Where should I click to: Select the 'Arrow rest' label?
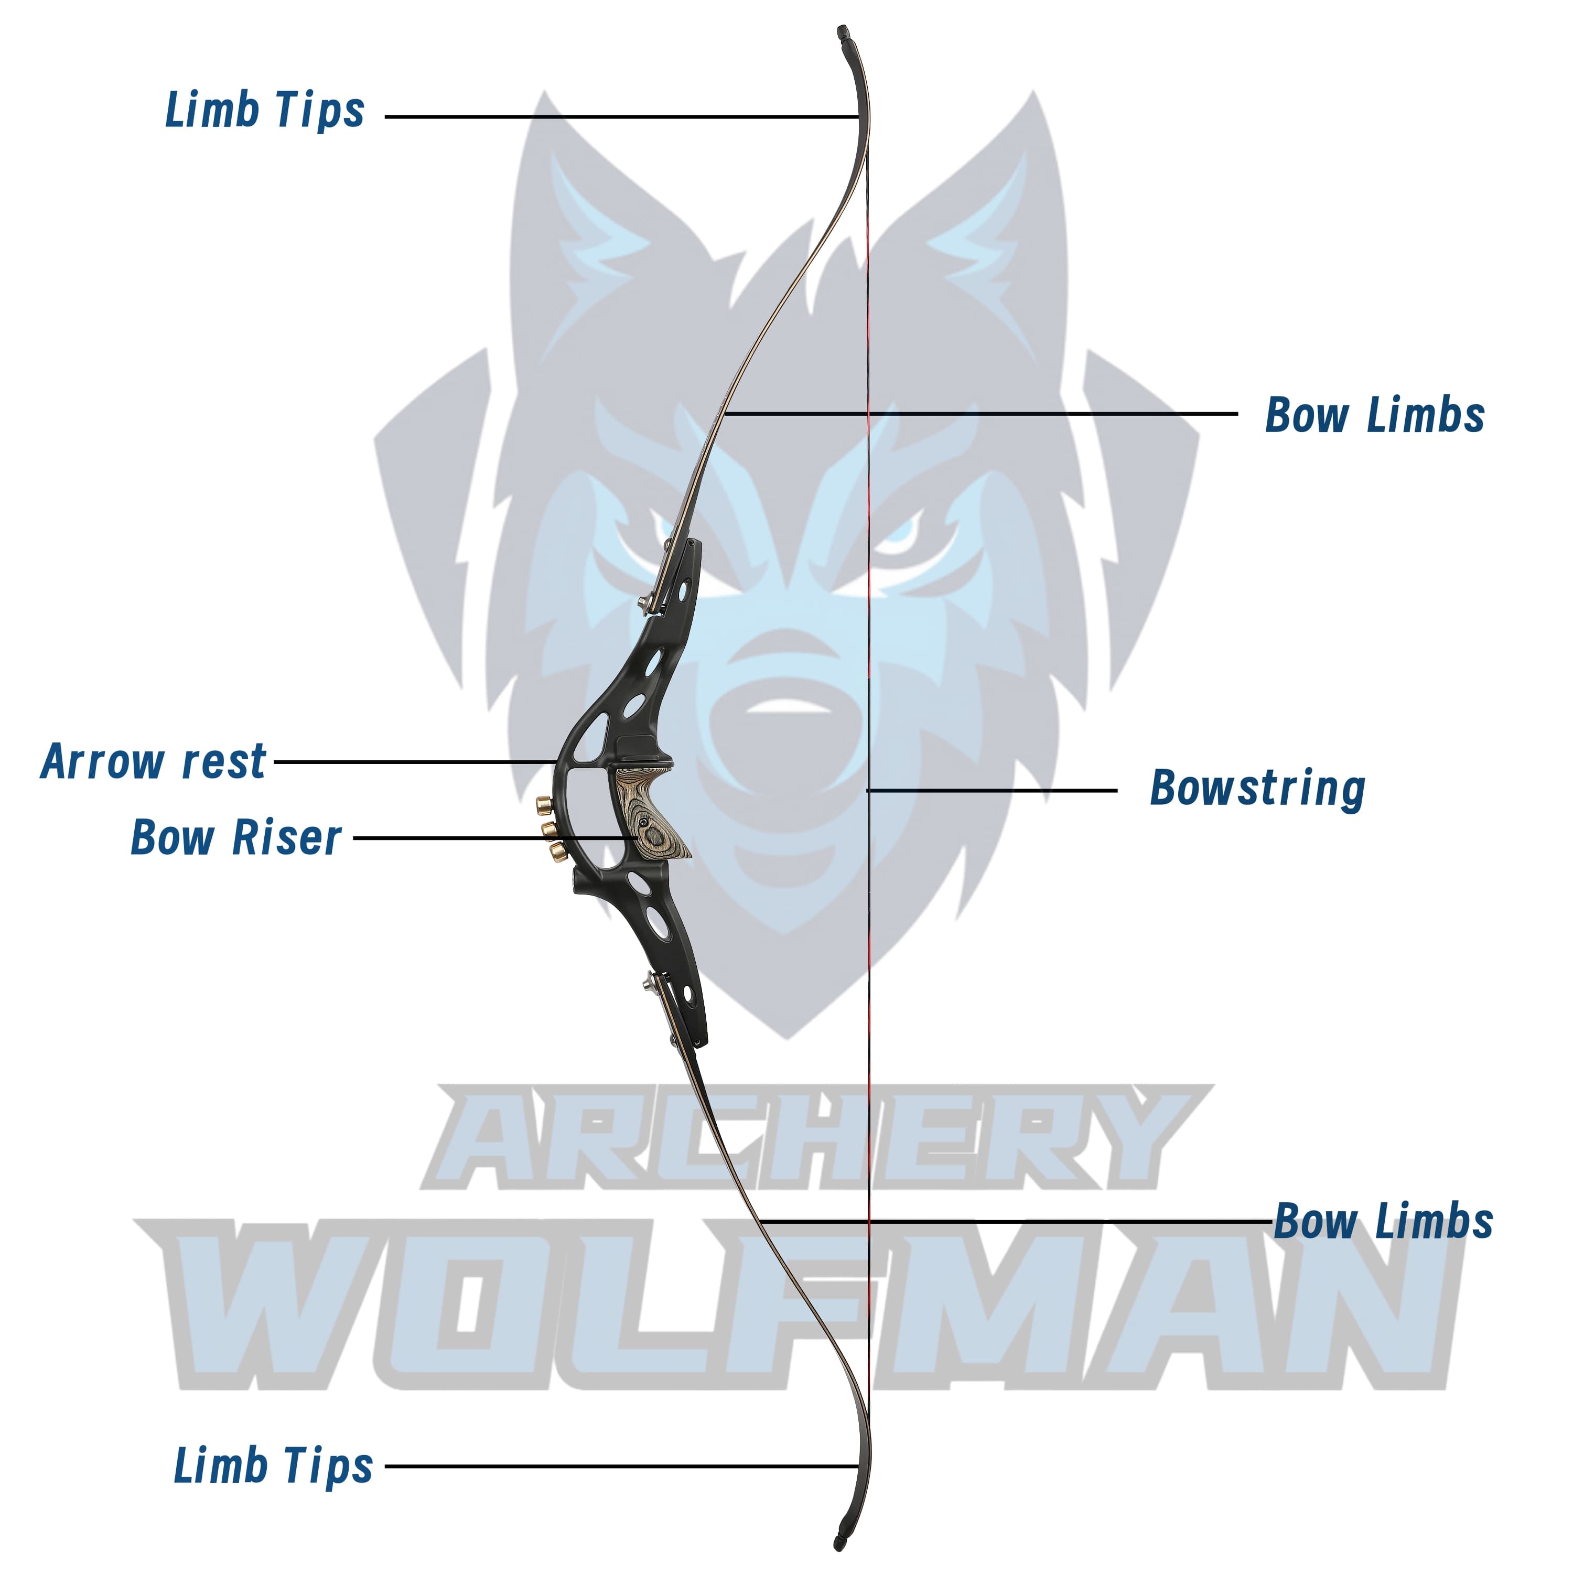click(153, 762)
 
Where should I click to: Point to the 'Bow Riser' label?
click(236, 838)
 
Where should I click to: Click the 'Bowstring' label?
click(1257, 789)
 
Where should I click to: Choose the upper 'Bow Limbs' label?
click(1374, 415)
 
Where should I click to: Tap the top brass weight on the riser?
click(542, 806)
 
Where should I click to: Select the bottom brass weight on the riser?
click(558, 851)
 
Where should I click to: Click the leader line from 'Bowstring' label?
click(993, 790)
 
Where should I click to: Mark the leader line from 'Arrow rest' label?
click(415, 762)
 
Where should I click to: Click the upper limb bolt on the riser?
click(644, 602)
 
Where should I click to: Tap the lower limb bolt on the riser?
click(649, 981)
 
